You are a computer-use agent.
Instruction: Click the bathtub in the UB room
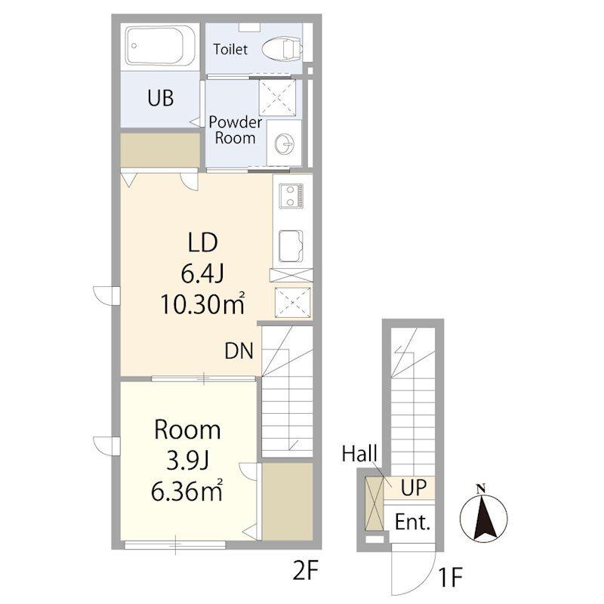coord(159,45)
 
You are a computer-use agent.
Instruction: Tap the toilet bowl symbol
coord(281,48)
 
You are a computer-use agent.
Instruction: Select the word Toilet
coord(230,49)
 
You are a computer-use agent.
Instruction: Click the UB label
coord(161,98)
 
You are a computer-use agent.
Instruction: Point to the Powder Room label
coord(235,130)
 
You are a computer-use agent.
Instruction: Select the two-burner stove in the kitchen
coord(291,196)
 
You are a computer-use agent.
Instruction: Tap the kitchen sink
coord(291,246)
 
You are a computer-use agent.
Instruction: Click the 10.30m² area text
coord(202,304)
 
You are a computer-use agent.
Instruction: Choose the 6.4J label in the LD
coord(202,274)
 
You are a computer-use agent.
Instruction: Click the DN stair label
coord(239,351)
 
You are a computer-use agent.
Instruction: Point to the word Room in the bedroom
coord(187,430)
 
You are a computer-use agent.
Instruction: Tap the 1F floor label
coord(450,577)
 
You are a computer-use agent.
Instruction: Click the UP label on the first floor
coord(414,488)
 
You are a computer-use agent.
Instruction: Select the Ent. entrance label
coord(412,522)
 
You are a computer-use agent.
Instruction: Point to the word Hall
coord(359,454)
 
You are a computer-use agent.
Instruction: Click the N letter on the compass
coord(480,489)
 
